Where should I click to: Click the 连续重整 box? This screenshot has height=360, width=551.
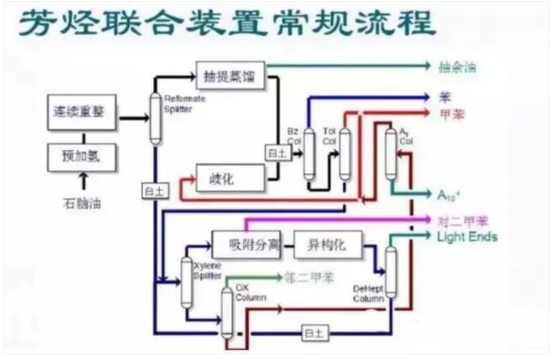pyautogui.click(x=81, y=112)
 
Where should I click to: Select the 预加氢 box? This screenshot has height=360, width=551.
pyautogui.click(x=81, y=156)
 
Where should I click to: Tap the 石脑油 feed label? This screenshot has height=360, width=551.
pyautogui.click(x=81, y=204)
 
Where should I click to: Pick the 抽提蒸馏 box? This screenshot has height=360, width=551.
pyautogui.click(x=230, y=75)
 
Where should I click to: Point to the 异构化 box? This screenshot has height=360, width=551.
pyautogui.click(x=326, y=245)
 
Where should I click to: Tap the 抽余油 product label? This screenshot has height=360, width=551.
pyautogui.click(x=458, y=67)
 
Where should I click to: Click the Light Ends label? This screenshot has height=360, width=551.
pyautogui.click(x=467, y=237)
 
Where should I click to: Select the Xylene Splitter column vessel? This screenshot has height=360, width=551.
pyautogui.click(x=187, y=281)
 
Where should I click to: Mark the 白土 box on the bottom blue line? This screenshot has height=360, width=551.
pyautogui.click(x=312, y=332)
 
